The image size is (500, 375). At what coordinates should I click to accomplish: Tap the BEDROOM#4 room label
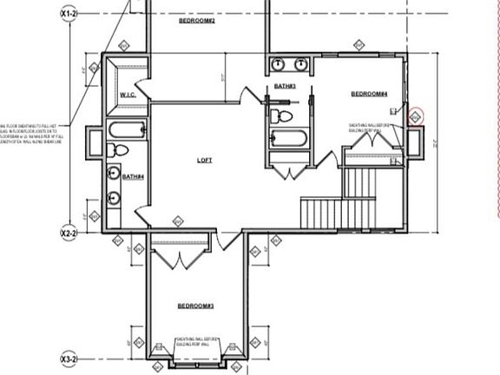point(370,94)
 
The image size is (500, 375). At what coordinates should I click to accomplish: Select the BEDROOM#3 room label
point(196,306)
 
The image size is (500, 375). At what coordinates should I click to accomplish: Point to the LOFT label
point(205,160)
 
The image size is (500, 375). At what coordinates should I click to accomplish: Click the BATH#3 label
point(286,86)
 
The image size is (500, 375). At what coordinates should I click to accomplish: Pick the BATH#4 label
point(132,176)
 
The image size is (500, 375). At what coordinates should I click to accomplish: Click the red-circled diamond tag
point(415,115)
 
